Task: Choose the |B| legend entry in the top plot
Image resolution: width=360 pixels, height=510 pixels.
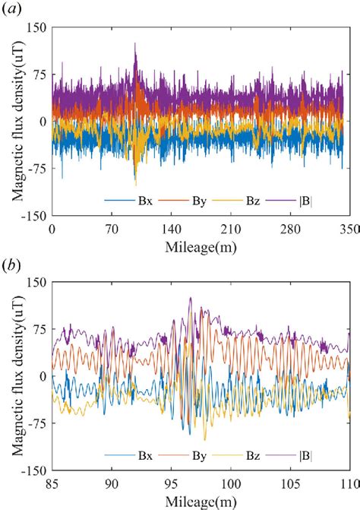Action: point(310,203)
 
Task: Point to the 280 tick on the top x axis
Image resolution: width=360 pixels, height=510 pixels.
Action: point(289,227)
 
